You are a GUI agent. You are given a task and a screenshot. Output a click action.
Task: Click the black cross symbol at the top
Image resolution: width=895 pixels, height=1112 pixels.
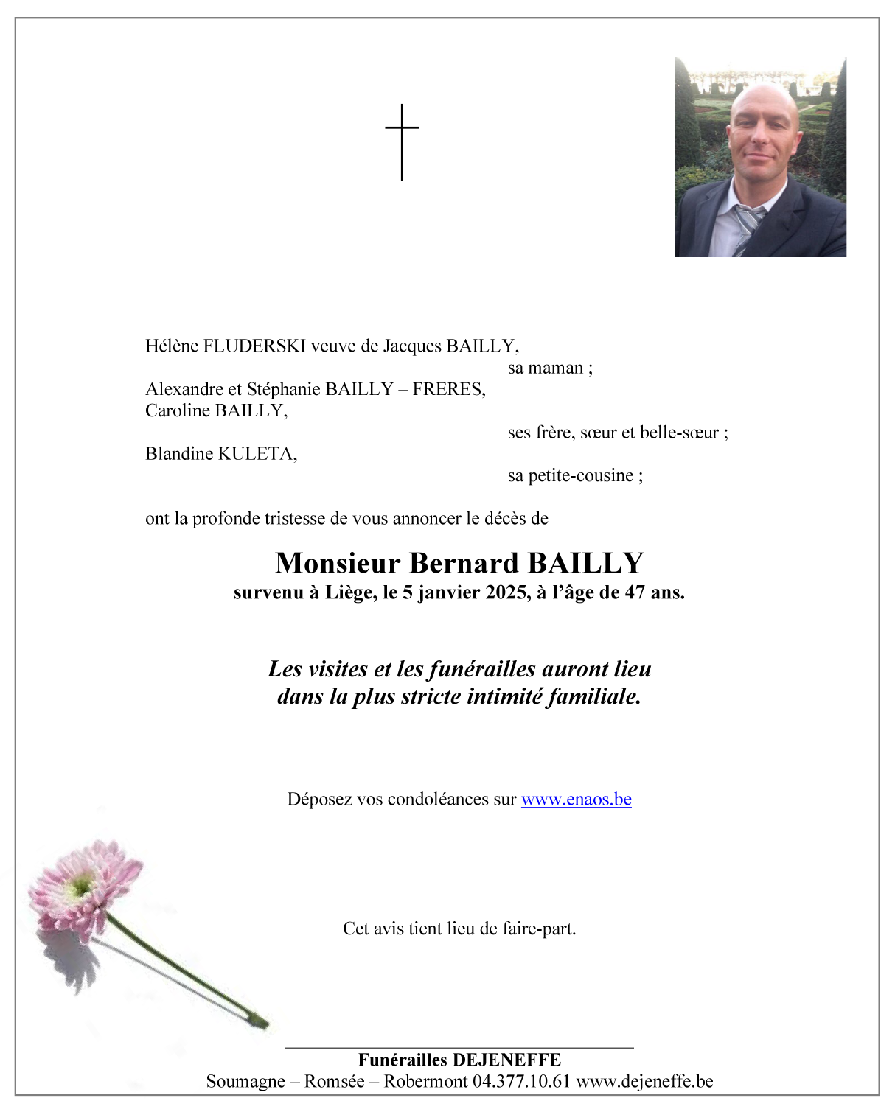point(402,141)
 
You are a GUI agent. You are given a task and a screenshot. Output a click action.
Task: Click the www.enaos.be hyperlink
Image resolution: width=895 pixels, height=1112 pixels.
point(576,800)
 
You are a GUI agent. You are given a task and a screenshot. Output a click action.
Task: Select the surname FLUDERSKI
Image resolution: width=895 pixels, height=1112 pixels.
point(254,346)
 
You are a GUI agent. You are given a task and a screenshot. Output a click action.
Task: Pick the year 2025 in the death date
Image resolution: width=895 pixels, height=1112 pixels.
point(506,592)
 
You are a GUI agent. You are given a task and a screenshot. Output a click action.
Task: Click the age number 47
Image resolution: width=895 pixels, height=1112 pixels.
point(635,592)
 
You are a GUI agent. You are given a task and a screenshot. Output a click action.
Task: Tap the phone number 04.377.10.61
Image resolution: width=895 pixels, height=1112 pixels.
point(522,1081)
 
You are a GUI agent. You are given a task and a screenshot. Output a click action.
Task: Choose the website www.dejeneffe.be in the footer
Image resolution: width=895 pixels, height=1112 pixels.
point(645,1081)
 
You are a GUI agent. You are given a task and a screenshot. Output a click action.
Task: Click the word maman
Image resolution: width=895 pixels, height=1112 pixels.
point(556,368)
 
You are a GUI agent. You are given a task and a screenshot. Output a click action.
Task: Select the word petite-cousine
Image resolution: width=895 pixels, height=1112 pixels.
point(581,476)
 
